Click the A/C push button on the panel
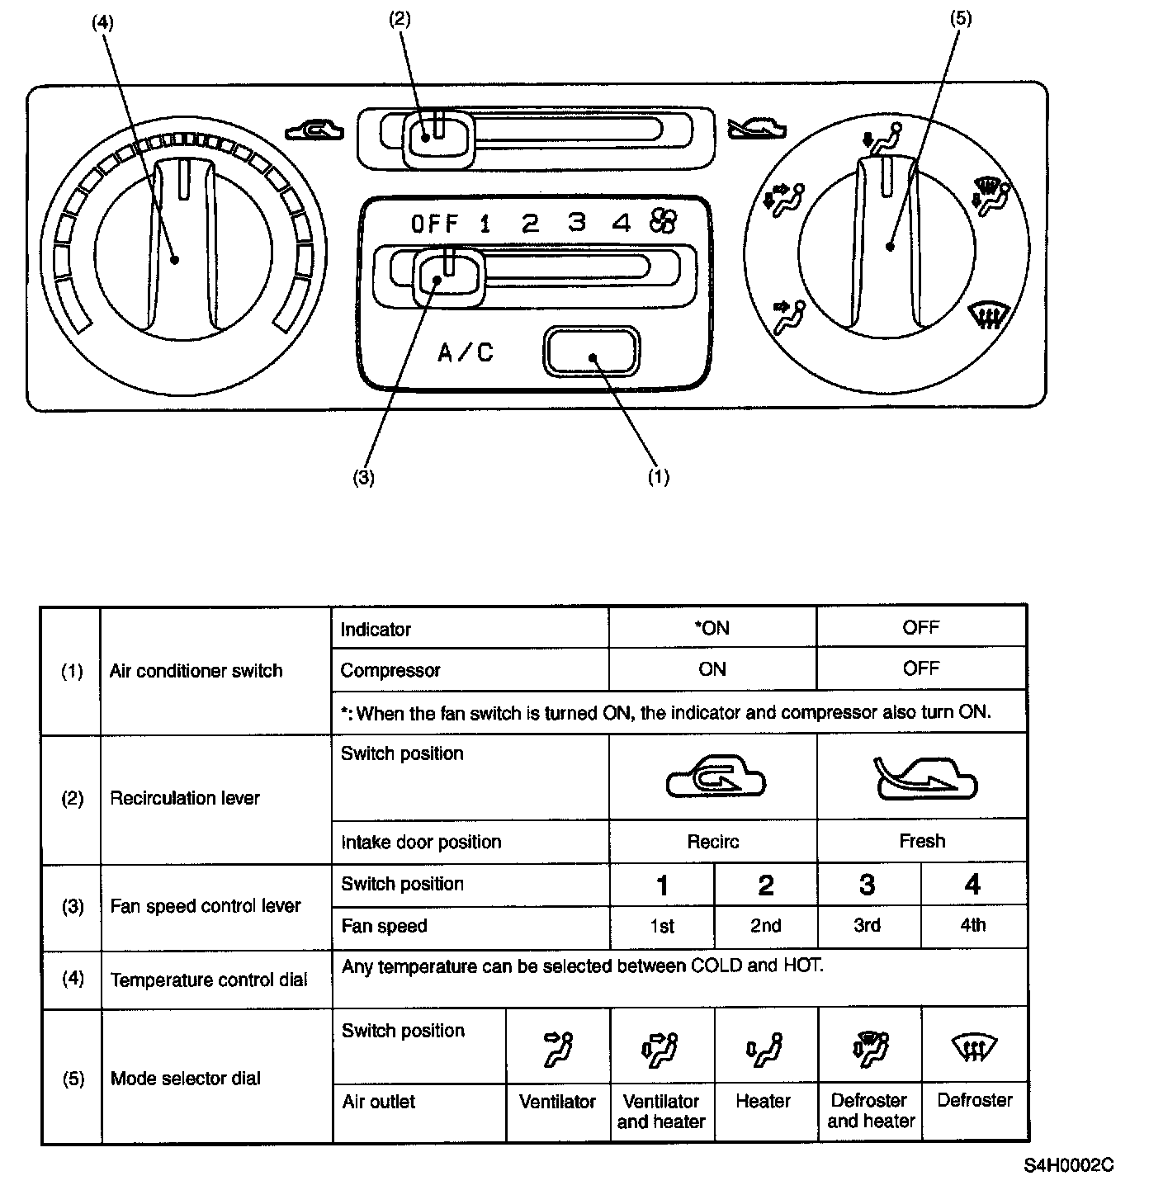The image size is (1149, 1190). (590, 352)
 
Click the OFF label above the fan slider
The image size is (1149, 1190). (434, 224)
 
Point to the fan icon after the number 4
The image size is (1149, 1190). (663, 220)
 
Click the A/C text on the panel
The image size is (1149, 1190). (466, 353)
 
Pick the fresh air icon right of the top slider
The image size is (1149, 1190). (755, 128)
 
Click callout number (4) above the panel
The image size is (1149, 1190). (102, 22)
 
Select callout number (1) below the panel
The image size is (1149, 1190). (658, 477)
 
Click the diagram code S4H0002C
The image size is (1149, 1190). (1068, 1165)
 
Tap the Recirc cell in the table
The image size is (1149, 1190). (712, 842)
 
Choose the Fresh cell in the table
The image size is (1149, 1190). (921, 841)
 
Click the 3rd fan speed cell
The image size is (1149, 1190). (867, 926)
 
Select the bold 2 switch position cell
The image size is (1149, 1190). (765, 885)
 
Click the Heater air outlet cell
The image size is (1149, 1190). (764, 1101)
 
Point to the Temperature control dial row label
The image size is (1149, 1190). (208, 980)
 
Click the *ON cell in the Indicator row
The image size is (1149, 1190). (712, 628)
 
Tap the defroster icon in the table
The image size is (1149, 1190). (974, 1049)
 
